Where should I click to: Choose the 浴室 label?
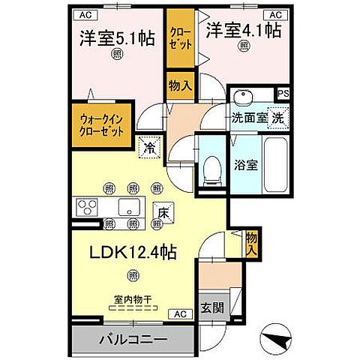click(x=247, y=165)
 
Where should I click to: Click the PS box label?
click(x=283, y=94)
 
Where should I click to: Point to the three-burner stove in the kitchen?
click(x=88, y=205)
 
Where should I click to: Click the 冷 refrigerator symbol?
click(x=150, y=148)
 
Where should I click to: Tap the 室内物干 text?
click(x=133, y=299)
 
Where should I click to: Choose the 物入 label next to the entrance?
click(x=251, y=241)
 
